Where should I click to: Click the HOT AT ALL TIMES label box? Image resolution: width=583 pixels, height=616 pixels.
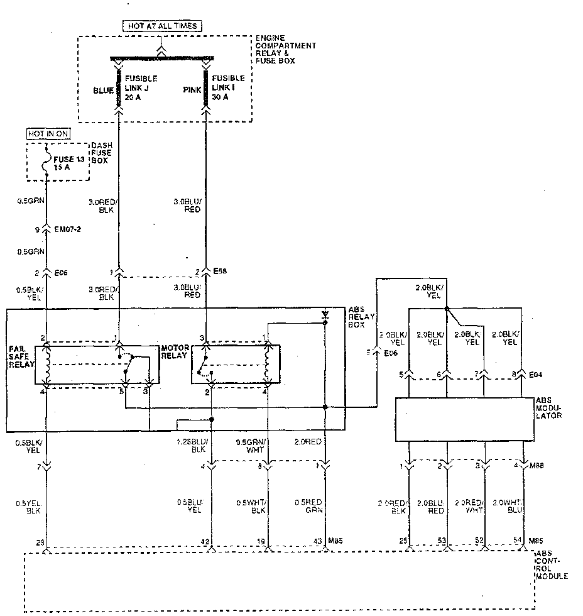click(x=162, y=26)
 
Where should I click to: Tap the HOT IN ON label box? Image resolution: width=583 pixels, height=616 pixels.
click(x=48, y=134)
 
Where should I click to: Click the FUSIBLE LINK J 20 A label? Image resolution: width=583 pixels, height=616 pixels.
click(x=141, y=88)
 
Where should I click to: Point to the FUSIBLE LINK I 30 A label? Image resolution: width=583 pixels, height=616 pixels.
click(x=228, y=88)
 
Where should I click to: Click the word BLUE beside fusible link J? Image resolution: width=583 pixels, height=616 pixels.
click(x=103, y=91)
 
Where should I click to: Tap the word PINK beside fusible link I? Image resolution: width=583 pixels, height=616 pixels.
click(x=192, y=91)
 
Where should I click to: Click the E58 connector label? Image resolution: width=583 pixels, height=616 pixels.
click(x=220, y=271)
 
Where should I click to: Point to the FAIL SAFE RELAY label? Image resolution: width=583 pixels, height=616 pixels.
click(x=21, y=356)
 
